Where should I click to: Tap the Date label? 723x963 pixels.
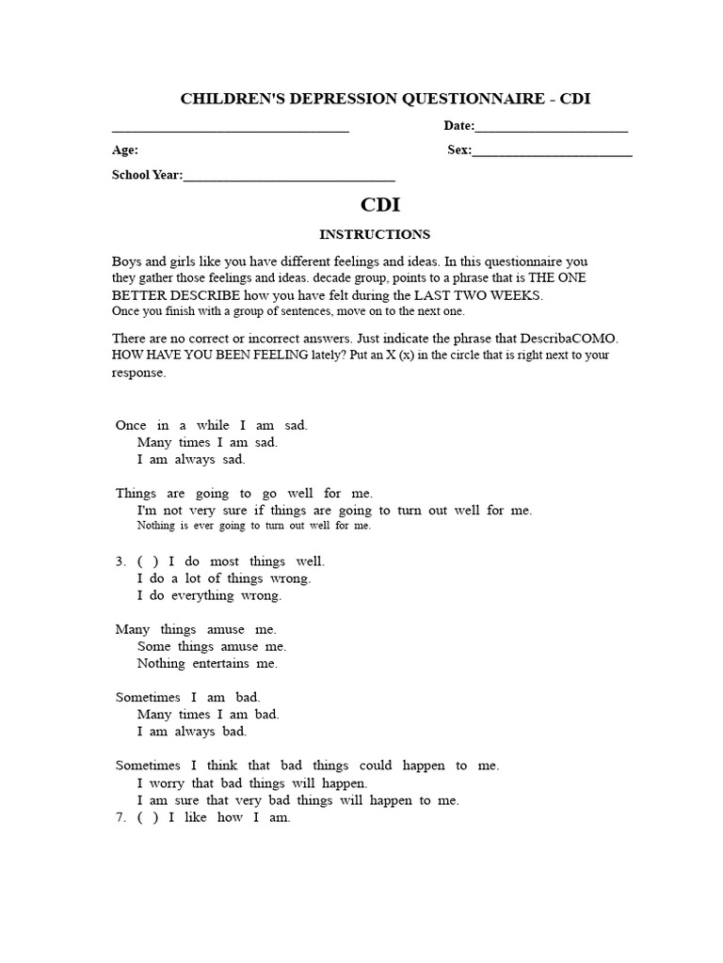click(x=458, y=126)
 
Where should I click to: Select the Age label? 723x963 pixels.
click(x=125, y=150)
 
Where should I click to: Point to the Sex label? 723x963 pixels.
click(x=458, y=150)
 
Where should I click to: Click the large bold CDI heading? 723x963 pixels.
click(x=381, y=205)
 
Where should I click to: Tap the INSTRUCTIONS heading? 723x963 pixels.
click(x=375, y=234)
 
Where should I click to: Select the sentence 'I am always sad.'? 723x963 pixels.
click(x=191, y=459)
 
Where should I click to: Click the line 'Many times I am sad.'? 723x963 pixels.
click(x=207, y=442)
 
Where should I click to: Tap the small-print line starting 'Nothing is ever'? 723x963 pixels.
click(x=254, y=526)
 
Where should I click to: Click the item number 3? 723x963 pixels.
click(x=120, y=561)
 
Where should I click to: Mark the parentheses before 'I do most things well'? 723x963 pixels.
click(x=148, y=561)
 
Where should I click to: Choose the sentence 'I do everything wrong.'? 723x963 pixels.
click(x=209, y=595)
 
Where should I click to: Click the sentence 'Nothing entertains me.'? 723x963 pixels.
click(x=207, y=663)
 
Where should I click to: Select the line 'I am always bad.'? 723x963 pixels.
click(x=192, y=731)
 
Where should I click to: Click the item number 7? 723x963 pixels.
click(x=120, y=817)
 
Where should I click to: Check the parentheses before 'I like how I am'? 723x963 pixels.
click(x=148, y=817)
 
